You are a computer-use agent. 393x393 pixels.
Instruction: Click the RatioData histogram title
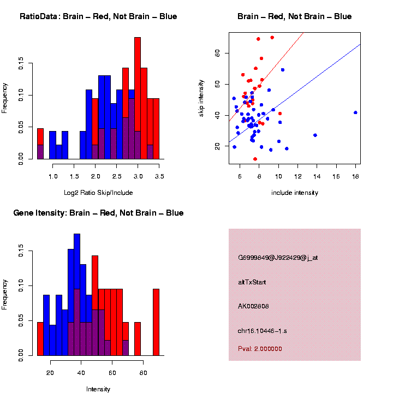(98, 16)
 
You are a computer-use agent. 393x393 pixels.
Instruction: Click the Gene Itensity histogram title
(98, 213)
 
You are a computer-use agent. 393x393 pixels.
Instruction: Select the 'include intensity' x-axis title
(295, 192)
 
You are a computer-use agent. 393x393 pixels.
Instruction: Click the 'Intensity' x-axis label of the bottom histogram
(98, 389)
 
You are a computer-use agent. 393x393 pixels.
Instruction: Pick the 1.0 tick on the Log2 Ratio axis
(53, 176)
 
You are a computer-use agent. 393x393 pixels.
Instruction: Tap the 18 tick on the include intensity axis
(355, 176)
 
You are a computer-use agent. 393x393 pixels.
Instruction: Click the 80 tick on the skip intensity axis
(217, 53)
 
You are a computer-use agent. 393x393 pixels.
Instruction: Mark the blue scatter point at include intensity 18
(355, 112)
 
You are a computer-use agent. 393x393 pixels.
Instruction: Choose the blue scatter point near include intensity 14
(315, 135)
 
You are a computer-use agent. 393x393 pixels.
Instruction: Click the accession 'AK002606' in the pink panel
(253, 306)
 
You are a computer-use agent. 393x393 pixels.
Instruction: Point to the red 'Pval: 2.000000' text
(260, 349)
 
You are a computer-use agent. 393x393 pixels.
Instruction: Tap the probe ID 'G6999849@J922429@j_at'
(278, 258)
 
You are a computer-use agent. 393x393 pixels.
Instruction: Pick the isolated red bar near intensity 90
(156, 322)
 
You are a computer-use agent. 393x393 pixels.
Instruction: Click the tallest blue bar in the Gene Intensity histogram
(77, 273)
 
